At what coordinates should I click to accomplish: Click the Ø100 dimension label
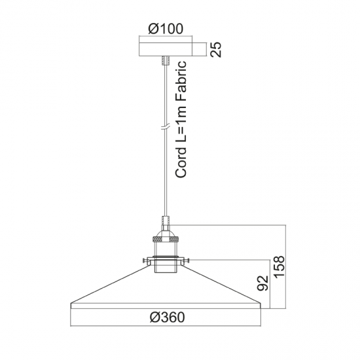[166, 29]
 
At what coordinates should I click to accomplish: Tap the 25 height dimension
[216, 49]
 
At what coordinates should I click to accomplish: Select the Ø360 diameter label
[167, 317]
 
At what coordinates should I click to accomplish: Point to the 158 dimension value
[279, 267]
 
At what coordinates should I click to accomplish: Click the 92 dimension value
[262, 283]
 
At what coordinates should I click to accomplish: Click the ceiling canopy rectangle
[166, 49]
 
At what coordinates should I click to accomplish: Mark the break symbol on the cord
[166, 126]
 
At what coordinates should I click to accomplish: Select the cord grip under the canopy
[166, 61]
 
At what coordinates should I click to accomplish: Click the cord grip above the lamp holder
[166, 220]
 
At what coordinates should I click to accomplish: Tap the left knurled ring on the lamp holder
[157, 240]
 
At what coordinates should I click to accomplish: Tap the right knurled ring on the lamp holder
[174, 240]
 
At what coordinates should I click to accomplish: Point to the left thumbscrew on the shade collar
[145, 260]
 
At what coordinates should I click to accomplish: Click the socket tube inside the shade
[166, 266]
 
